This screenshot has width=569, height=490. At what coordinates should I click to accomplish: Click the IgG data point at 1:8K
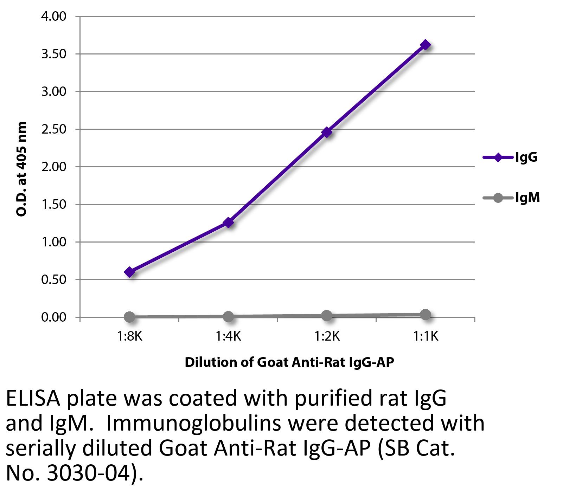129,272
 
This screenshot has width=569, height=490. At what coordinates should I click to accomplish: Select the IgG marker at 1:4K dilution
229,223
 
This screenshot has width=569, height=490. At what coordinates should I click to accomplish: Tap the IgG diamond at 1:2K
327,132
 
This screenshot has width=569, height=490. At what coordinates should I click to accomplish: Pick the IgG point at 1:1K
426,45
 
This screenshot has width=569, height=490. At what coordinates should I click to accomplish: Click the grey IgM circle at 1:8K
129,317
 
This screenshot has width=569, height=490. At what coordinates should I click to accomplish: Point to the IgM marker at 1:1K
426,315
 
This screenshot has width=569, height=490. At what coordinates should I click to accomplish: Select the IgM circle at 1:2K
327,316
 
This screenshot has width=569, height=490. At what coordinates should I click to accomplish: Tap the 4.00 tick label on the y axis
54,17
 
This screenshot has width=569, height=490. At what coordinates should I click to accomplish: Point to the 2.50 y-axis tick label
54,129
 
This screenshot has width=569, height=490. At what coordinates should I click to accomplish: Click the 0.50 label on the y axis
54,280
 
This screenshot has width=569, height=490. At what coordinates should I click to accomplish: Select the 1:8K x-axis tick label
129,337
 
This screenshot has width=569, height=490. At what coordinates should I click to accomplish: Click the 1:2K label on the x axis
327,337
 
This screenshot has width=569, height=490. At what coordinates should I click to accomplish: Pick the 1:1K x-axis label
426,337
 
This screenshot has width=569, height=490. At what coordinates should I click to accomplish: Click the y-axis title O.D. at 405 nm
22,169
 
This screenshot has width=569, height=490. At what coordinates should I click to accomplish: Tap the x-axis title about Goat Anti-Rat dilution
289,362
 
